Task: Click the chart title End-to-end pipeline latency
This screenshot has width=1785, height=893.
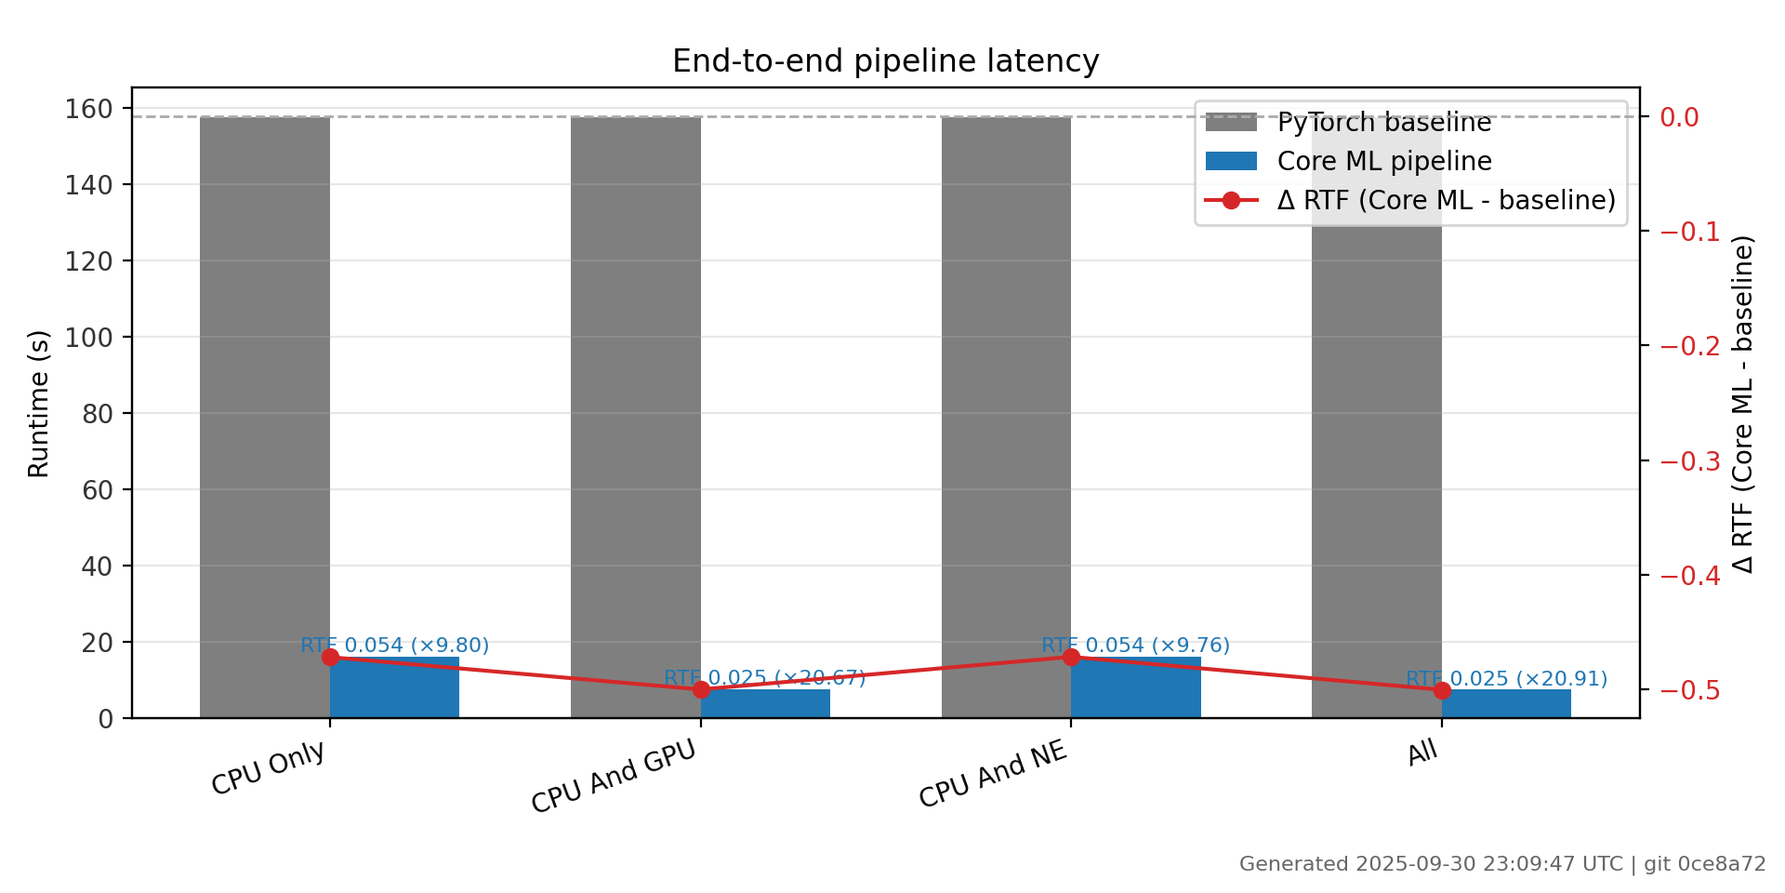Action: [x=885, y=61]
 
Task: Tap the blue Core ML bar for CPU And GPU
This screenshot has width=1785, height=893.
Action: [x=765, y=704]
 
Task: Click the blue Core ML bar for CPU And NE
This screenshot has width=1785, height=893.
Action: [x=1135, y=689]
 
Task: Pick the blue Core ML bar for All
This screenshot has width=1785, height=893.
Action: [x=1506, y=704]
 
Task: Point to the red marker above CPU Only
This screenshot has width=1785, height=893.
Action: [x=330, y=658]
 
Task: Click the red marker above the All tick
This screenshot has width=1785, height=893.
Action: [x=1442, y=690]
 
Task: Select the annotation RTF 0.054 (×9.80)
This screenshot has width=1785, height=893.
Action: [x=394, y=645]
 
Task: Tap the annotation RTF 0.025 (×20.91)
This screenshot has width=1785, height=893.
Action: [x=1506, y=679]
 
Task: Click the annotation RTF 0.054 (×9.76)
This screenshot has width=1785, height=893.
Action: [x=1135, y=645]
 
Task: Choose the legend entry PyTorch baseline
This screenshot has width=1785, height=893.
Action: [x=1383, y=123]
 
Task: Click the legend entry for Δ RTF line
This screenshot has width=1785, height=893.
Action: [x=1446, y=200]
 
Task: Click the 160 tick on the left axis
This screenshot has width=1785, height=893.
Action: [x=88, y=109]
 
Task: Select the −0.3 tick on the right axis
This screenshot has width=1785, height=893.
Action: [x=1689, y=461]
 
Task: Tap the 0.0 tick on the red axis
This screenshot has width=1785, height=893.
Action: [x=1679, y=117]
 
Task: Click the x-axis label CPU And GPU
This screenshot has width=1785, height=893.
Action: [x=614, y=779]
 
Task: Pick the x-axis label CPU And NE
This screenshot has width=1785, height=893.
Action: [x=993, y=775]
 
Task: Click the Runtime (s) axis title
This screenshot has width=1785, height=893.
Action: [x=38, y=404]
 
